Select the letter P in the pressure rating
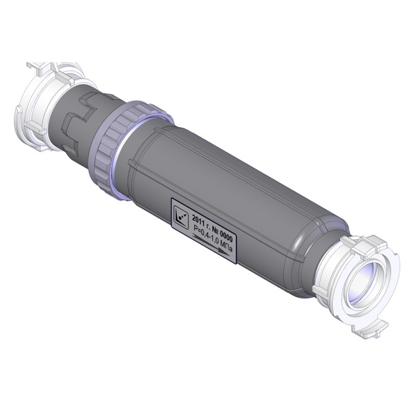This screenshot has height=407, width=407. pyautogui.click(x=194, y=229)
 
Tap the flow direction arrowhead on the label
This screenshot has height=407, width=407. pyautogui.click(x=224, y=252)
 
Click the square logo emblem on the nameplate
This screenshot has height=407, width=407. pyautogui.click(x=181, y=218)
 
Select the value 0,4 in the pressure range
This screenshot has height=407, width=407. pyautogui.click(x=203, y=234)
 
